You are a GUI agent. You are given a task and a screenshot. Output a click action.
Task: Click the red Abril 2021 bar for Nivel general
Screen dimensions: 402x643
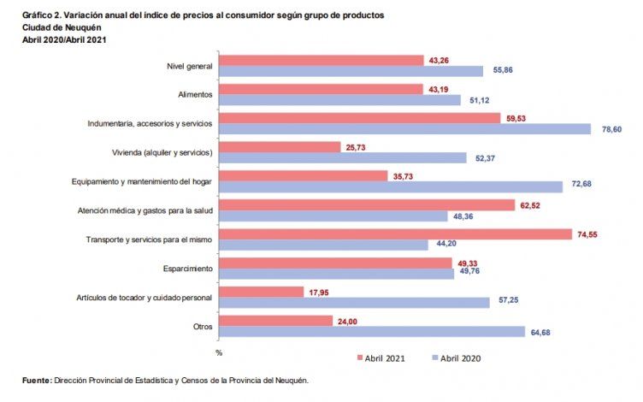(321, 61)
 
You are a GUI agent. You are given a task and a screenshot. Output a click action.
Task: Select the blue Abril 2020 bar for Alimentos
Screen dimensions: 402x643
(339, 100)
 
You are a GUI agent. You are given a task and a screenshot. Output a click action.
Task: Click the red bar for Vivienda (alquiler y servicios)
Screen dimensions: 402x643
(280, 147)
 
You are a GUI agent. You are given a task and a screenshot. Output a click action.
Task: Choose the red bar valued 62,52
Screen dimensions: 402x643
(367, 205)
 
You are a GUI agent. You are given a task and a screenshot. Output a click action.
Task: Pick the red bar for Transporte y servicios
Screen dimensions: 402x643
(395, 234)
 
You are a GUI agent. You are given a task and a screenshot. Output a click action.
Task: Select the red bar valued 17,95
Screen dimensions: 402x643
(261, 292)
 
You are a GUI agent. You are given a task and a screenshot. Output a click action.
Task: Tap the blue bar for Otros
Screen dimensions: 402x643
(372, 331)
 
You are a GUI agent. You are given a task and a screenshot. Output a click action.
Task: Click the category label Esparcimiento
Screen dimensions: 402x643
(188, 268)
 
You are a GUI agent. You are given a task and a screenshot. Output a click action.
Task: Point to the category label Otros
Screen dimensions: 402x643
(203, 326)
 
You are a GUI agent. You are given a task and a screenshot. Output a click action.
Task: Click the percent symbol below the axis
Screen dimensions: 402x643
(220, 352)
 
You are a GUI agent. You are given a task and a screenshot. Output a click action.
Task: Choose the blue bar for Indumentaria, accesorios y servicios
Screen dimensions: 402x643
(404, 129)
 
